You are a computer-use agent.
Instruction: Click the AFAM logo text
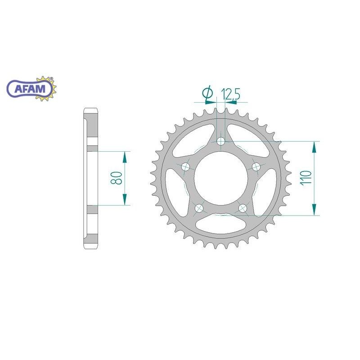(30, 88)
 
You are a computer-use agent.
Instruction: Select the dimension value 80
(116, 178)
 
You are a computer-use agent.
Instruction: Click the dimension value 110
(306, 177)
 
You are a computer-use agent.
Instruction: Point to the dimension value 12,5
(230, 94)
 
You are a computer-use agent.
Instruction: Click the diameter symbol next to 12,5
(207, 94)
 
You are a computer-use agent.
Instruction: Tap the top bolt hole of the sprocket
(221, 141)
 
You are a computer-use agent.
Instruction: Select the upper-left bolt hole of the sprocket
(185, 166)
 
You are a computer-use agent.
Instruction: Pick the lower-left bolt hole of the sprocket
(199, 208)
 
